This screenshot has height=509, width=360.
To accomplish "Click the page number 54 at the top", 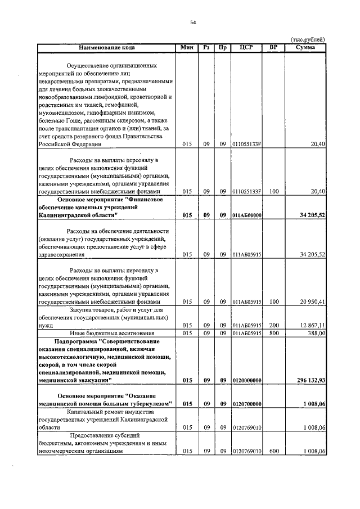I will pyautogui.click(x=193, y=22).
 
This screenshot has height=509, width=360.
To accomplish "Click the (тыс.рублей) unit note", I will pyautogui.click(x=308, y=39).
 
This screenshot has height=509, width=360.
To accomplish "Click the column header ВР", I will pyautogui.click(x=273, y=47).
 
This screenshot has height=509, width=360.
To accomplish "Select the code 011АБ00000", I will pyautogui.click(x=246, y=215).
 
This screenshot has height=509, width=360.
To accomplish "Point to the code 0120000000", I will pyautogui.click(x=246, y=381).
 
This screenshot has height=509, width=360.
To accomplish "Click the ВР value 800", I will pyautogui.click(x=274, y=334).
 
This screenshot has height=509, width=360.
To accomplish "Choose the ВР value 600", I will pyautogui.click(x=274, y=452).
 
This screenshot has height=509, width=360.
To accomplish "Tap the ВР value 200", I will pyautogui.click(x=274, y=326).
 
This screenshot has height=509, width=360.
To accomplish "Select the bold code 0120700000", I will pyautogui.click(x=246, y=404).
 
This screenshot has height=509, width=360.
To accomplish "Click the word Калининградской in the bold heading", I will pyautogui.click(x=63, y=215).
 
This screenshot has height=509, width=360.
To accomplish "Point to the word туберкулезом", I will pyautogui.click(x=150, y=404).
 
